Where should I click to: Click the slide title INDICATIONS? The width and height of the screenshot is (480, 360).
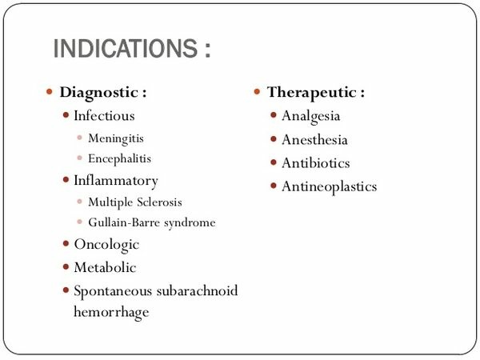click(126, 48)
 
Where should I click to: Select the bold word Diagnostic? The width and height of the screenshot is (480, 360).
click(99, 93)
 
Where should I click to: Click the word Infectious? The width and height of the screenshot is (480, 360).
click(104, 116)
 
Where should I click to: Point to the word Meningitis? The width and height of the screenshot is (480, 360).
click(116, 138)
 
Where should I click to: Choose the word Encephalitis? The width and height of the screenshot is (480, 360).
click(120, 158)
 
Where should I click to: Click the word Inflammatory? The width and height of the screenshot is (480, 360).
click(116, 181)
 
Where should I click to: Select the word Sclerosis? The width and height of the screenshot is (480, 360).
click(159, 202)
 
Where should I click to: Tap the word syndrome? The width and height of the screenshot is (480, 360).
click(190, 223)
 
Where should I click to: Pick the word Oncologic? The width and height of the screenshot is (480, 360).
click(106, 245)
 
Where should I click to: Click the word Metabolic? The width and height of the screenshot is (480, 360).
click(105, 267)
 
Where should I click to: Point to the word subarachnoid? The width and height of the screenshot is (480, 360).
click(197, 290)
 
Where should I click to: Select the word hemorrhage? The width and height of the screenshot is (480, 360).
click(111, 312)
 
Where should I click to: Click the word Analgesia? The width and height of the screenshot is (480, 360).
click(310, 116)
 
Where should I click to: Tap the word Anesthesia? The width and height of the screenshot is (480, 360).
click(314, 140)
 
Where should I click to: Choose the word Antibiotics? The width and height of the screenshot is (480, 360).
click(316, 163)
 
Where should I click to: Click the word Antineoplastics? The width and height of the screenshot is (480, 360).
click(329, 186)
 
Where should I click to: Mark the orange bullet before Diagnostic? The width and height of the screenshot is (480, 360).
click(50, 91)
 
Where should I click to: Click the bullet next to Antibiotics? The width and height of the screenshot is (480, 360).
click(274, 162)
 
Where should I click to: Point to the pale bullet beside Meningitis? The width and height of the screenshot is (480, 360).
click(79, 138)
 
